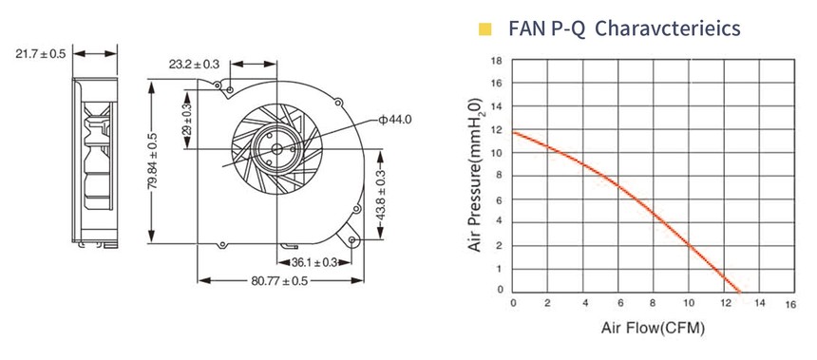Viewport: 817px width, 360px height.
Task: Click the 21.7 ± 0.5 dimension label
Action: coord(41,53)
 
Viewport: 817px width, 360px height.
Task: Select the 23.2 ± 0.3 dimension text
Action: coord(194,64)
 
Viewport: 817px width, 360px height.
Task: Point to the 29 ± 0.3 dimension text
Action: coord(187,119)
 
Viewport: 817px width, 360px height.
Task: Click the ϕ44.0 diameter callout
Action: coord(395,121)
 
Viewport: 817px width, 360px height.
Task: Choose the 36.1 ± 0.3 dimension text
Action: coord(314,262)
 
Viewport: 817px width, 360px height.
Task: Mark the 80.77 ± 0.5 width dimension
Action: coord(279,281)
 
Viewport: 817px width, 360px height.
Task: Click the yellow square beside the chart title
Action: coord(485,29)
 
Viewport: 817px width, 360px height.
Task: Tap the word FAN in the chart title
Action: coord(527,28)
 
